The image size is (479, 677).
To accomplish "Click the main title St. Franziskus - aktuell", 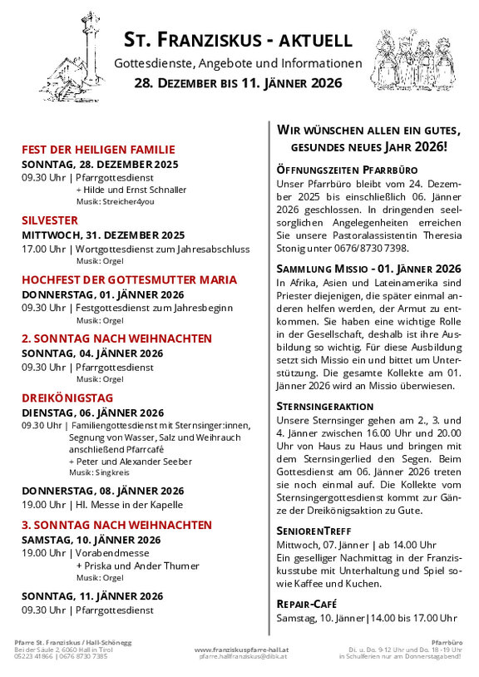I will [238, 39].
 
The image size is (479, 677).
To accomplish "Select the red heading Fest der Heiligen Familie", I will [98, 150].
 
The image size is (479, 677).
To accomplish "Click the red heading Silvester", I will [50, 220].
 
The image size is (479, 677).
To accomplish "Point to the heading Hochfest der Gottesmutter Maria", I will [129, 279].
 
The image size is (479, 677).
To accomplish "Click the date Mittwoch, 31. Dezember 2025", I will [103, 235].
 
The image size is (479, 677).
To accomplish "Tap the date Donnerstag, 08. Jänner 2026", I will [103, 490].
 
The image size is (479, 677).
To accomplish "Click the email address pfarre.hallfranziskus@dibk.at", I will [241, 656].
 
